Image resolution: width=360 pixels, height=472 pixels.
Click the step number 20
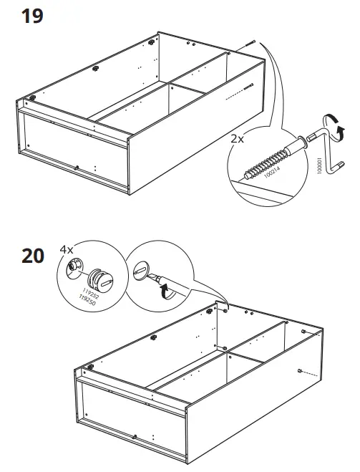coord(33,256)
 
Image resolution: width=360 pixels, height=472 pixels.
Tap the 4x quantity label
coord(67,251)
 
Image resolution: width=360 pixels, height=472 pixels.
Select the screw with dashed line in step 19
coord(253,86)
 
